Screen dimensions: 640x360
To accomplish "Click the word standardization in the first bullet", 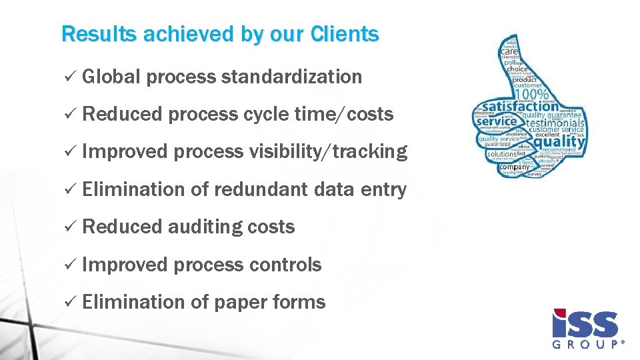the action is tap(291, 77).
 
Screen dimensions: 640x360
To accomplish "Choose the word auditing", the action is tap(205, 227).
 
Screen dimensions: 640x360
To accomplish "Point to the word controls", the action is tap(285, 265).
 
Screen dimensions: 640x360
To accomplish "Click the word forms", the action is tap(299, 302).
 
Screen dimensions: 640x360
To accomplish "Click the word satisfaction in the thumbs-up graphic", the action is tap(520, 106).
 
